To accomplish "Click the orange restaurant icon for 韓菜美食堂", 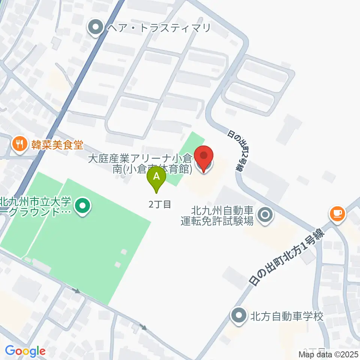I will click(x=18, y=144).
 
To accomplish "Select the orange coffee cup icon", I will click(x=337, y=214).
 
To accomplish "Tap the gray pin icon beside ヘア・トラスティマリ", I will click(x=96, y=27).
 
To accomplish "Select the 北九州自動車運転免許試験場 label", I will click(x=217, y=216).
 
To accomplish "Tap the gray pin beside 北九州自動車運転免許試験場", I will click(x=265, y=216).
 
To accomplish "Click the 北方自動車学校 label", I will click(x=286, y=316).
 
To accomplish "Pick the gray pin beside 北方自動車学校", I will click(x=239, y=316).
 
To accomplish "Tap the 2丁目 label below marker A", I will click(x=160, y=204).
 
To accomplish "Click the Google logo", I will click(x=25, y=351).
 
